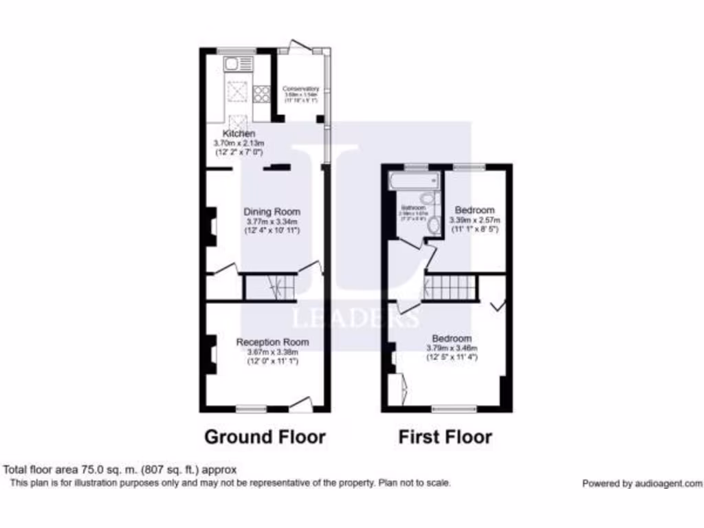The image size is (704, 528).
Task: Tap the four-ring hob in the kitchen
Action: coord(261,93)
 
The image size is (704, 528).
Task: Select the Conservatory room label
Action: coord(301,89)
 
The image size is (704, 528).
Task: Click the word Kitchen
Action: coord(239,133)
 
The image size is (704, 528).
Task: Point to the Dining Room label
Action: coord(273,212)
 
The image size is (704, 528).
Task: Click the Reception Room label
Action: coord(273,342)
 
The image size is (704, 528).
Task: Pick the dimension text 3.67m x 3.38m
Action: coord(273,352)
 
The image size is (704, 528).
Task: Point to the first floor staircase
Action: coord(451,287)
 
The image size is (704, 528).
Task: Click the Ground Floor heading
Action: coord(265,437)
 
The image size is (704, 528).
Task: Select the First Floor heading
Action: coord(445,437)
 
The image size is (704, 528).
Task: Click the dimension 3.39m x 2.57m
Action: coord(474,221)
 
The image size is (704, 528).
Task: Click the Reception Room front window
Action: coord(251,410)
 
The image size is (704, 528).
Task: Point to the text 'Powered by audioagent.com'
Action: coord(642,483)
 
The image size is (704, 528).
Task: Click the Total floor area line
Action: coord(120,470)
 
